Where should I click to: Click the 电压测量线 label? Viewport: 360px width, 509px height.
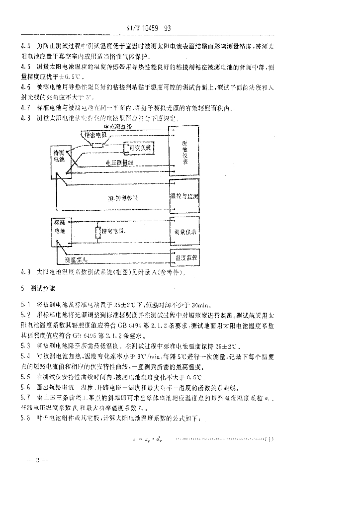(x=120, y=163)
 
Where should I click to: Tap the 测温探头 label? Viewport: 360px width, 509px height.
(x=77, y=259)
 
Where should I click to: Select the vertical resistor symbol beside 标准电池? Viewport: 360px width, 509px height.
(x=98, y=233)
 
